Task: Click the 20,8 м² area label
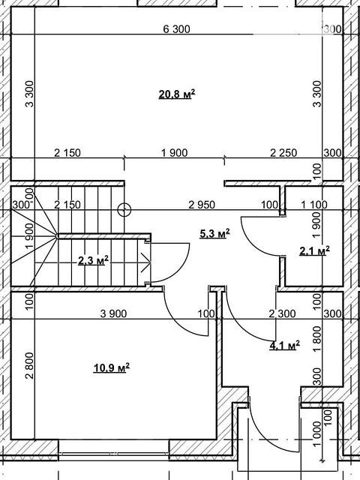(x=177, y=94)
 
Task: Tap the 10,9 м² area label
(x=112, y=367)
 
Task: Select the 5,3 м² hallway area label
(x=214, y=235)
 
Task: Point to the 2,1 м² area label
(x=314, y=251)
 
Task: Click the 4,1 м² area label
(x=284, y=346)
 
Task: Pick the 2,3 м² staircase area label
(x=93, y=261)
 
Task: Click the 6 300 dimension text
(x=177, y=29)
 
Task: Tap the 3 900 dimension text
(x=113, y=313)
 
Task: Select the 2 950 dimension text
(x=202, y=205)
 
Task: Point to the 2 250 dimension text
(x=283, y=152)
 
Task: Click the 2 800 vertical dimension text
(x=29, y=365)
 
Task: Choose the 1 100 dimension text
(x=314, y=205)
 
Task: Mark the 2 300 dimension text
(x=282, y=313)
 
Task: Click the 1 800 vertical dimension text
(x=317, y=339)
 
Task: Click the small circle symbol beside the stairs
(x=124, y=210)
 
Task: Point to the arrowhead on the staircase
(x=146, y=262)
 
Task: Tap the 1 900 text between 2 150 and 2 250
(x=174, y=152)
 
